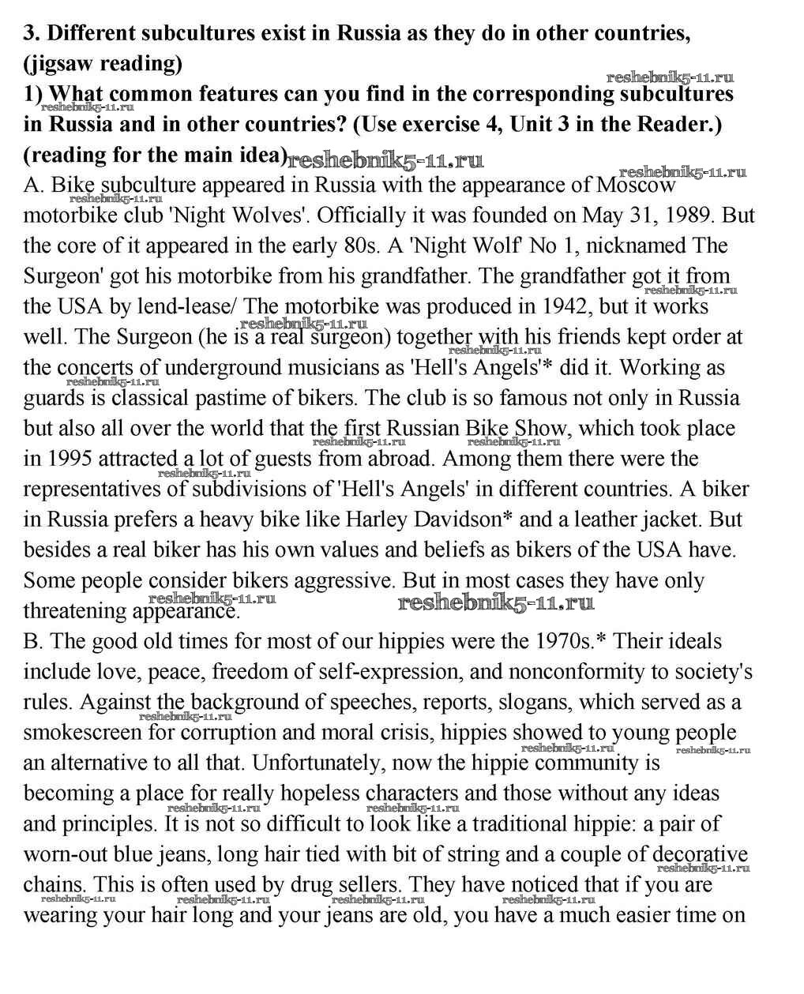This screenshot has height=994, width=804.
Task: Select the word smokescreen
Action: tap(82, 733)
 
